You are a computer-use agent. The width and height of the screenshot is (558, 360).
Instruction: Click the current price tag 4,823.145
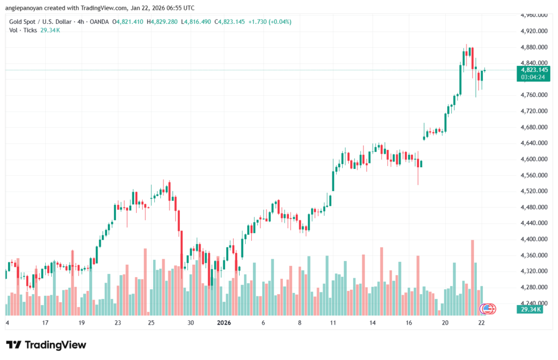pos(534,70)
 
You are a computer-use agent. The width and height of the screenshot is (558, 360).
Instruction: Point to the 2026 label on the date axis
pos(225,323)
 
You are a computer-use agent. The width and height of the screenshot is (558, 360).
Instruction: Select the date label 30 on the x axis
pos(191,323)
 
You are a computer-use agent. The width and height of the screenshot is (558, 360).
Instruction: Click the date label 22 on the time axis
pos(481,323)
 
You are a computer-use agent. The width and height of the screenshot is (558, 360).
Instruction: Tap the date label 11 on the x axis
pos(333,323)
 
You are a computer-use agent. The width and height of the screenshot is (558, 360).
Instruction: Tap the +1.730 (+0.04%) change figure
pos(269,22)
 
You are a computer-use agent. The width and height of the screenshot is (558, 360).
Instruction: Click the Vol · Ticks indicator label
pos(23,31)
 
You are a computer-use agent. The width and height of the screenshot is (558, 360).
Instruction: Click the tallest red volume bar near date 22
pos(472,277)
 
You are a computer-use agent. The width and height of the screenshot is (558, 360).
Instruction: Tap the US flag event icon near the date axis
pos(488,309)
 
